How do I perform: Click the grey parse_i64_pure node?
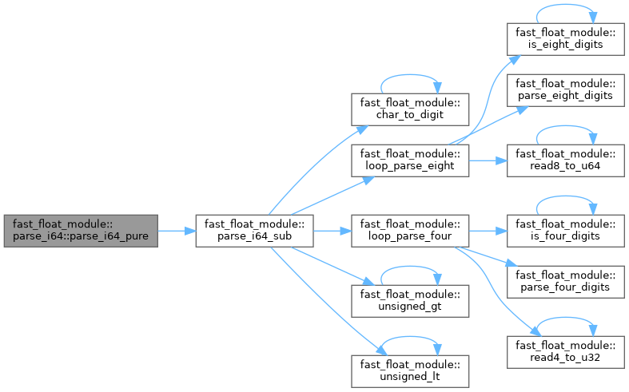pos(81,231)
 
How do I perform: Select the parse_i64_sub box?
pos(253,231)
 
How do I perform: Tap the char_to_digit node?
pos(410,109)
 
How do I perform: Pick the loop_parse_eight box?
pos(410,160)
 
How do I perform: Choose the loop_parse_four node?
pos(410,231)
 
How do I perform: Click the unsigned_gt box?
pos(410,300)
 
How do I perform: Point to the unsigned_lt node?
pos(410,370)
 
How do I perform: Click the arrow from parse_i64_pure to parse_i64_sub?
pos(177,231)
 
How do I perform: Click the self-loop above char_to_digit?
pos(410,79)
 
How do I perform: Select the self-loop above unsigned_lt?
pos(410,340)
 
